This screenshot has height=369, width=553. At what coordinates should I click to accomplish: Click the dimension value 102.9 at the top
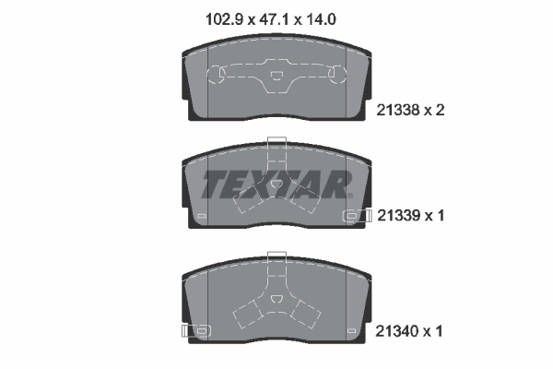[224, 19]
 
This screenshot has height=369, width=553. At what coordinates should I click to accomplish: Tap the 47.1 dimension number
[274, 19]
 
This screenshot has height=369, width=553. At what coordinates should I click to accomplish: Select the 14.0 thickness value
[321, 19]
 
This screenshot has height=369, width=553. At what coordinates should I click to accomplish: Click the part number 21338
[398, 110]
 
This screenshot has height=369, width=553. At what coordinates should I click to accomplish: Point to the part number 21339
[399, 215]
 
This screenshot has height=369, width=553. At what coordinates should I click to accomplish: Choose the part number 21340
[396, 331]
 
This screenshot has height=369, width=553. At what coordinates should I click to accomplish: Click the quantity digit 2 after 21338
[440, 110]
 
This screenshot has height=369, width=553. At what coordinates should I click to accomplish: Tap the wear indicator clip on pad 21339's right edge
[358, 215]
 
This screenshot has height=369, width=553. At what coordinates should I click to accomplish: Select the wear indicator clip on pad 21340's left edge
[196, 331]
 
